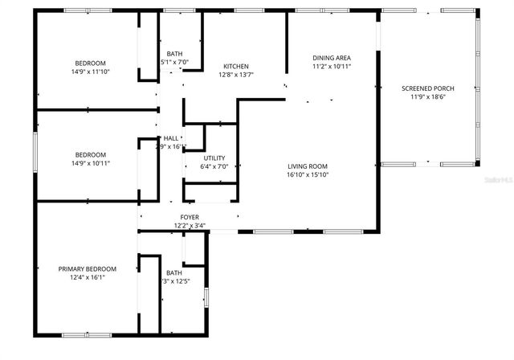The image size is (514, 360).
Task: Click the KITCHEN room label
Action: pyautogui.click(x=235, y=66)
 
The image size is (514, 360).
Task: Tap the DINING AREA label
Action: pyautogui.click(x=332, y=58)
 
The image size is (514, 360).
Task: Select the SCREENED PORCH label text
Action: pyautogui.click(x=427, y=88)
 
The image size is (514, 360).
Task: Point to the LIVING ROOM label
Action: pyautogui.click(x=308, y=166)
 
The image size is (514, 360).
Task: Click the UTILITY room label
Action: pyautogui.click(x=214, y=157)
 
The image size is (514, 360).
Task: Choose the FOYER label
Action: pyautogui.click(x=190, y=218)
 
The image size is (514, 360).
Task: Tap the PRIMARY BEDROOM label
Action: pyautogui.click(x=87, y=269)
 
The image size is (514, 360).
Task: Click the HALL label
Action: pyautogui.click(x=171, y=138)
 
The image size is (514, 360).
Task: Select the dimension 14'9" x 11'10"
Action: pyautogui.click(x=90, y=72)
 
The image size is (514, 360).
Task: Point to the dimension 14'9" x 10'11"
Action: pyautogui.click(x=90, y=163)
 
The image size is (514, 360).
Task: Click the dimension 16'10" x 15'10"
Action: pyautogui.click(x=308, y=174)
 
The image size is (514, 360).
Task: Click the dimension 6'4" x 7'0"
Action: pyautogui.click(x=214, y=166)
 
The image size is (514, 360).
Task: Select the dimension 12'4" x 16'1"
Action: pyautogui.click(x=87, y=278)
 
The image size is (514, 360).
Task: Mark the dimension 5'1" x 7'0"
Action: pyautogui.click(x=174, y=62)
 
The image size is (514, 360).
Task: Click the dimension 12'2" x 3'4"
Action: pyautogui.click(x=190, y=226)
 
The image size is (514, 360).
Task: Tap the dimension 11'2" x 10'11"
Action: pyautogui.click(x=332, y=67)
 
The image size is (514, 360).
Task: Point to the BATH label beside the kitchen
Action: pyautogui.click(x=174, y=53)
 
